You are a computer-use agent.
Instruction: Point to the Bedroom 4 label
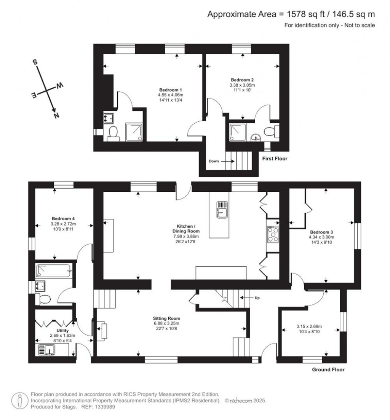point(63,219)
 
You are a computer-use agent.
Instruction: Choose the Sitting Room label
point(166,318)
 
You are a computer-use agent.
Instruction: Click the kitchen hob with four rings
point(273,234)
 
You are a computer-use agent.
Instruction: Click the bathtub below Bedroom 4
point(54,272)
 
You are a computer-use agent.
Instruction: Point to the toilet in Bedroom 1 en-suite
point(113,133)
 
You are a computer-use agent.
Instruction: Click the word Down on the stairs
point(214,161)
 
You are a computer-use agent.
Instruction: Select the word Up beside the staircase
point(257,298)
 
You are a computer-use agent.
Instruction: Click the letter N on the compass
point(56,115)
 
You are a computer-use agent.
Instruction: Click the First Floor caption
point(274,159)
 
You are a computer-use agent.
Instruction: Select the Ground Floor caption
point(328,369)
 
